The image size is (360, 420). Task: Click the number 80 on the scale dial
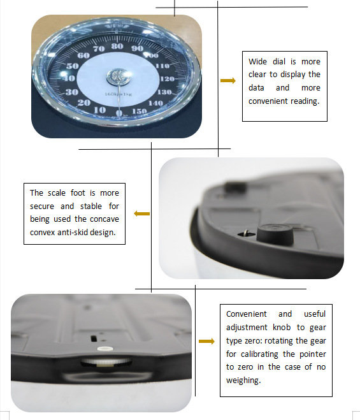[x=117, y=47]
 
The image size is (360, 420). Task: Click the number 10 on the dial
[x=99, y=110]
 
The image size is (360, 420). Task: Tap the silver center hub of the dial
[x=117, y=76]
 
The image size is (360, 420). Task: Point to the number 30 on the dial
[x=72, y=92]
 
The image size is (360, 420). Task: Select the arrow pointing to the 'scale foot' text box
[x=141, y=214]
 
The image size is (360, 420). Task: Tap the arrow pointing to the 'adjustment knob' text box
[x=206, y=342]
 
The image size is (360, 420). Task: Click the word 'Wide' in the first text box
[x=260, y=62]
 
